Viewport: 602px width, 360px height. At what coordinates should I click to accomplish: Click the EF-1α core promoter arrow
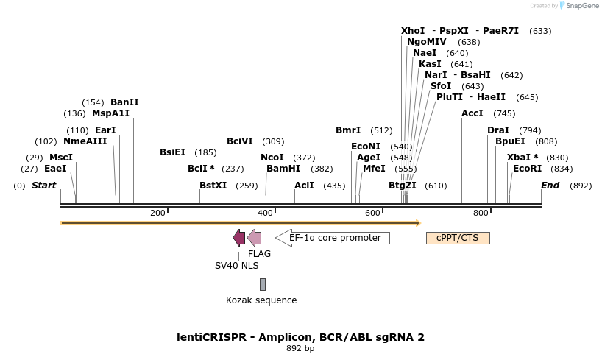[333, 238]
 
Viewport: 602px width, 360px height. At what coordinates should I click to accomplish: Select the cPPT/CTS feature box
[458, 238]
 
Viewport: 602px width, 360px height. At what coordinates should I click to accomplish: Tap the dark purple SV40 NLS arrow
[239, 238]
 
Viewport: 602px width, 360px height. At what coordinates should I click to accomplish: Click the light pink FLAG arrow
[255, 238]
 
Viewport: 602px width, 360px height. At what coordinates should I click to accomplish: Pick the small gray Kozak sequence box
[263, 284]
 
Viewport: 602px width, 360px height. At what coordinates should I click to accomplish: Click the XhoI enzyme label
[413, 31]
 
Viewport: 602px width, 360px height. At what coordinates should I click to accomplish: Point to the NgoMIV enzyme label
[427, 42]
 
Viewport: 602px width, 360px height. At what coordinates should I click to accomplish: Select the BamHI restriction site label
[283, 169]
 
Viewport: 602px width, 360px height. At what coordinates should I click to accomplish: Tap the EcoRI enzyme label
[527, 169]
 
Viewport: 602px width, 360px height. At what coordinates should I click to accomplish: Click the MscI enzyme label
[61, 158]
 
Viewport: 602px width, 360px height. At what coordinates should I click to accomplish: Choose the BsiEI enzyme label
[173, 152]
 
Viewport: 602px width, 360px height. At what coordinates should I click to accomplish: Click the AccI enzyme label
[472, 113]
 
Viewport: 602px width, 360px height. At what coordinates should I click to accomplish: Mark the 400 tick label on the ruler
[265, 213]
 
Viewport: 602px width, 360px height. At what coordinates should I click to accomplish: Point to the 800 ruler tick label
[481, 213]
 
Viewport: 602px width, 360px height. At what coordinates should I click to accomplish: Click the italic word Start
[43, 186]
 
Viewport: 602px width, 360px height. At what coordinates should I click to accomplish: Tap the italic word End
[550, 186]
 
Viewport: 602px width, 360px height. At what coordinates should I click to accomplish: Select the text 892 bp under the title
[300, 349]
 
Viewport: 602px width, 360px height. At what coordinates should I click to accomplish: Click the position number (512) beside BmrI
[381, 130]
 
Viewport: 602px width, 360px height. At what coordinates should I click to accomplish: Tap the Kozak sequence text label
[261, 300]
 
